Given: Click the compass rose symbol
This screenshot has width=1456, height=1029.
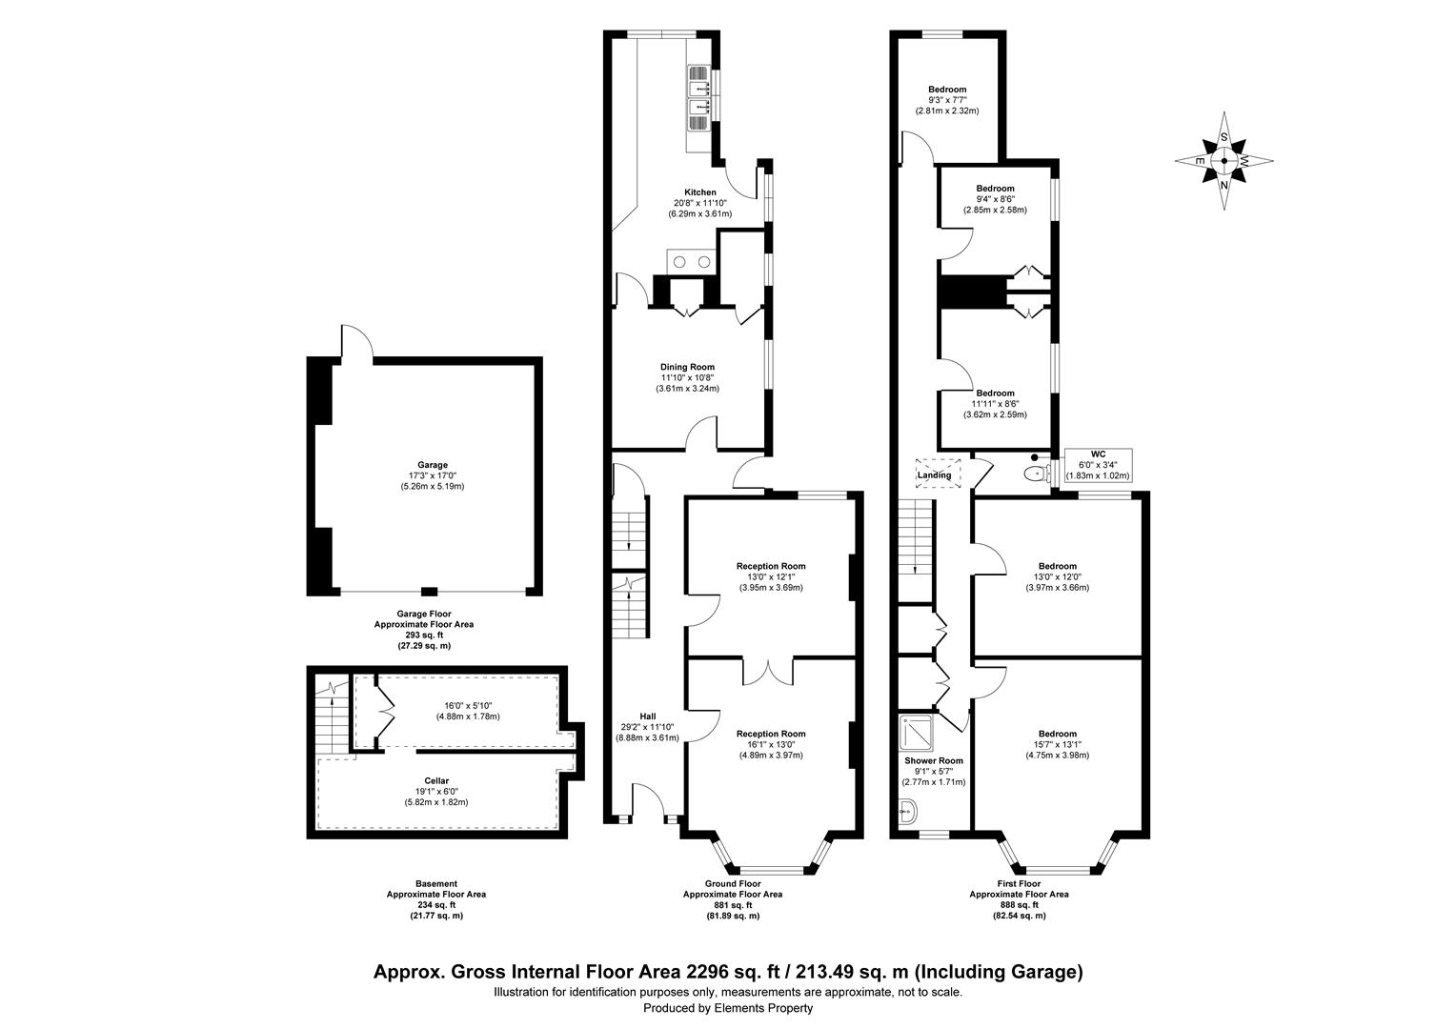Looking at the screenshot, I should point(1224,161).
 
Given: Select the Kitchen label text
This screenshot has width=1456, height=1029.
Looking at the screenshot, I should point(700,192).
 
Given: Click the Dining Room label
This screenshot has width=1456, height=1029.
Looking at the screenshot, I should point(687,367).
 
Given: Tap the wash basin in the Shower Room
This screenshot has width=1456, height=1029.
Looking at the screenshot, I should point(906,811).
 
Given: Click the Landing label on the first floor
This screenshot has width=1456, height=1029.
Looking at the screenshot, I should point(934,474).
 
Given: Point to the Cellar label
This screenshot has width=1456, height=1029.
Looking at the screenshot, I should point(436,780).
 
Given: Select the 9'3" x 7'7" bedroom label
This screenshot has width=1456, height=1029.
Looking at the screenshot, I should point(947,100).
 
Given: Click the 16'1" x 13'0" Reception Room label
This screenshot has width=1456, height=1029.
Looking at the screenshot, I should point(771,744).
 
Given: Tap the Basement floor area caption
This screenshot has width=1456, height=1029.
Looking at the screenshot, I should point(435,899).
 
